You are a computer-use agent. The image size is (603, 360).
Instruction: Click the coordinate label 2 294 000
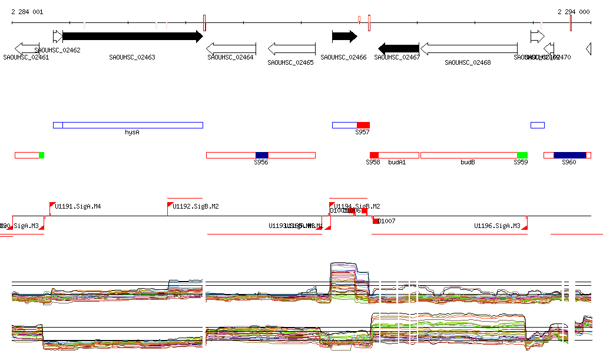pos(574,12)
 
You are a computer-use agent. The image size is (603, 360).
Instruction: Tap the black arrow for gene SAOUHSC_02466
pos(344,37)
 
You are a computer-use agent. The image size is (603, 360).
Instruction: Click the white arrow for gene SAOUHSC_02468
pos(469,48)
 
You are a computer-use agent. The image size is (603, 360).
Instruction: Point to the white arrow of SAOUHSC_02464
pos(231,48)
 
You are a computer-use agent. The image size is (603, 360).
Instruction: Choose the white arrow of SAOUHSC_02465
pos(292,48)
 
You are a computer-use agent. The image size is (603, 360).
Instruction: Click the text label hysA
pos(132,133)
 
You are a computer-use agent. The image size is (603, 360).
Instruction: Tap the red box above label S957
pos(363,125)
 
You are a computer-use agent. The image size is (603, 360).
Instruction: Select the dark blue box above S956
pos(261,155)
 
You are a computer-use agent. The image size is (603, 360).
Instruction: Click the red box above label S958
pos(374,155)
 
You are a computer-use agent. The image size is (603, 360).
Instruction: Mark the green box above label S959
pos(522,155)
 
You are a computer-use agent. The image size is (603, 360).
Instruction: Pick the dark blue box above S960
pos(570,155)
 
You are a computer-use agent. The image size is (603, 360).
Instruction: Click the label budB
pos(468,162)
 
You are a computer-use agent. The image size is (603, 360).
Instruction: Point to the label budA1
pos(397,162)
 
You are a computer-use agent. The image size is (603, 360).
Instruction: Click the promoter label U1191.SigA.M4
pos(78,206)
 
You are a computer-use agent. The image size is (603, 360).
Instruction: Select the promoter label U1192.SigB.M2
pos(196,206)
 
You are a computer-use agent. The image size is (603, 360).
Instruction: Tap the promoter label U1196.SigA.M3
pos(498,226)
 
